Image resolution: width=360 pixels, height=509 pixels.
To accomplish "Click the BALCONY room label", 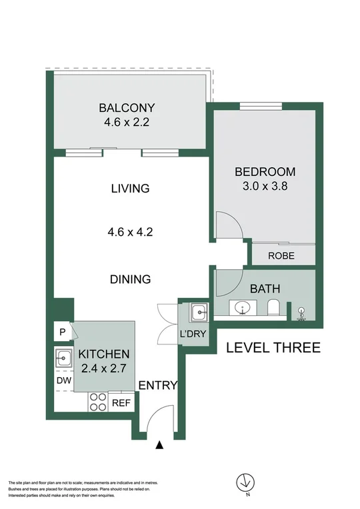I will coord(127,107).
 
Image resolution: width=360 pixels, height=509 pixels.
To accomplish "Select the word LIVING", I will coord(130,189).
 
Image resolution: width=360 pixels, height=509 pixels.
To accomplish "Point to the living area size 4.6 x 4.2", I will coord(130,233).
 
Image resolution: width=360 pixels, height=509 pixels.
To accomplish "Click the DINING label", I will coord(130,280).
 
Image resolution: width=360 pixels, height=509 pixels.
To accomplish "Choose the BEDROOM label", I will coord(265,172).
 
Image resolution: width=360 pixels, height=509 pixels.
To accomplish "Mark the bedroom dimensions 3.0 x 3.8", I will coord(265,187).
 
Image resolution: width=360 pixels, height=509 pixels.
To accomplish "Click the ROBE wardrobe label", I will coord(282,255).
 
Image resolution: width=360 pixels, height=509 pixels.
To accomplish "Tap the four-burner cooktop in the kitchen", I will coord(98,402).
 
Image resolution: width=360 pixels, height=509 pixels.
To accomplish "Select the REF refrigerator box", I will coord(121,402).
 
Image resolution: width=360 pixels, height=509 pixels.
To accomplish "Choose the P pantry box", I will coord(62,332).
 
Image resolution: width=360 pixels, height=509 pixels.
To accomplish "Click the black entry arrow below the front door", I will coord(159,445).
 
